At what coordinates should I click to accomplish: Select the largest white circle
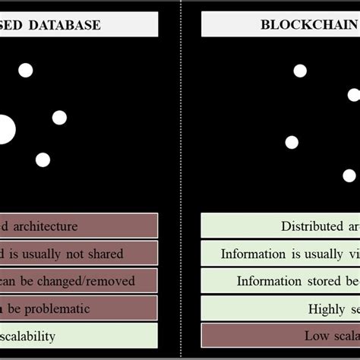tap(4, 130)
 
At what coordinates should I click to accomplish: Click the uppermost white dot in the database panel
tap(26, 71)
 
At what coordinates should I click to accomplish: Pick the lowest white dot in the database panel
tap(43, 159)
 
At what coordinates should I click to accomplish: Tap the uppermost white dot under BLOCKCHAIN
tap(300, 71)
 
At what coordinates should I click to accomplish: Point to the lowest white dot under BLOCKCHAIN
tap(349, 175)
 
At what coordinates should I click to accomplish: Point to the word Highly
tap(327, 308)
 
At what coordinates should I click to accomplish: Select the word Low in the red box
tap(317, 336)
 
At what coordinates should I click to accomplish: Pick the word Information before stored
tap(269, 281)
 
